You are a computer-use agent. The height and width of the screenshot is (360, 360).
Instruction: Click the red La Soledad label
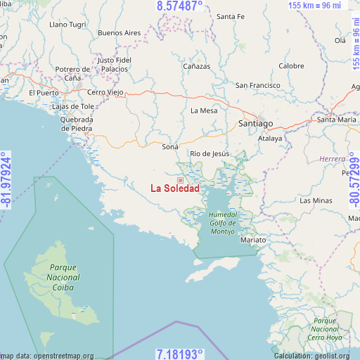tap(175, 188)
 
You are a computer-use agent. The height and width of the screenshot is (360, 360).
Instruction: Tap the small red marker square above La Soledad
tap(180, 180)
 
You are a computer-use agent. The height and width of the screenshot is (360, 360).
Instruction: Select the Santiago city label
tap(255, 123)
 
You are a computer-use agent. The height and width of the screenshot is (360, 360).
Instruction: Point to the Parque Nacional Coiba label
tap(63, 277)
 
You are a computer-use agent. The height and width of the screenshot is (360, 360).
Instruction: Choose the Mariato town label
tap(252, 240)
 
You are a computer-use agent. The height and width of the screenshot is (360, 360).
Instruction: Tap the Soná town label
tap(170, 147)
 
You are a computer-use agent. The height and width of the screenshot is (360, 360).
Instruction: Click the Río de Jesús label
tap(210, 153)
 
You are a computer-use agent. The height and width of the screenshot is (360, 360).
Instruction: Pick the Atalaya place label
tap(270, 139)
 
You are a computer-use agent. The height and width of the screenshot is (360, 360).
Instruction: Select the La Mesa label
tap(204, 110)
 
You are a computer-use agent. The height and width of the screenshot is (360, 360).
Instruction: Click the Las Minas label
tap(316, 200)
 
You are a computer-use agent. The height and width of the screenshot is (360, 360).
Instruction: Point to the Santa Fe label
tap(230, 16)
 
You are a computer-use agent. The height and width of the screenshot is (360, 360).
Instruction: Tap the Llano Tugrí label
tap(68, 25)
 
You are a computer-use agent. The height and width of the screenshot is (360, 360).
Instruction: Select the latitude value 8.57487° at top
tap(179, 6)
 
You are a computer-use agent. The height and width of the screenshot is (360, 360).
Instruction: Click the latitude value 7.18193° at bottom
tap(179, 354)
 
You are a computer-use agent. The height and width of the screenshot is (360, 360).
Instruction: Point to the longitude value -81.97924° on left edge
tap(6, 179)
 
